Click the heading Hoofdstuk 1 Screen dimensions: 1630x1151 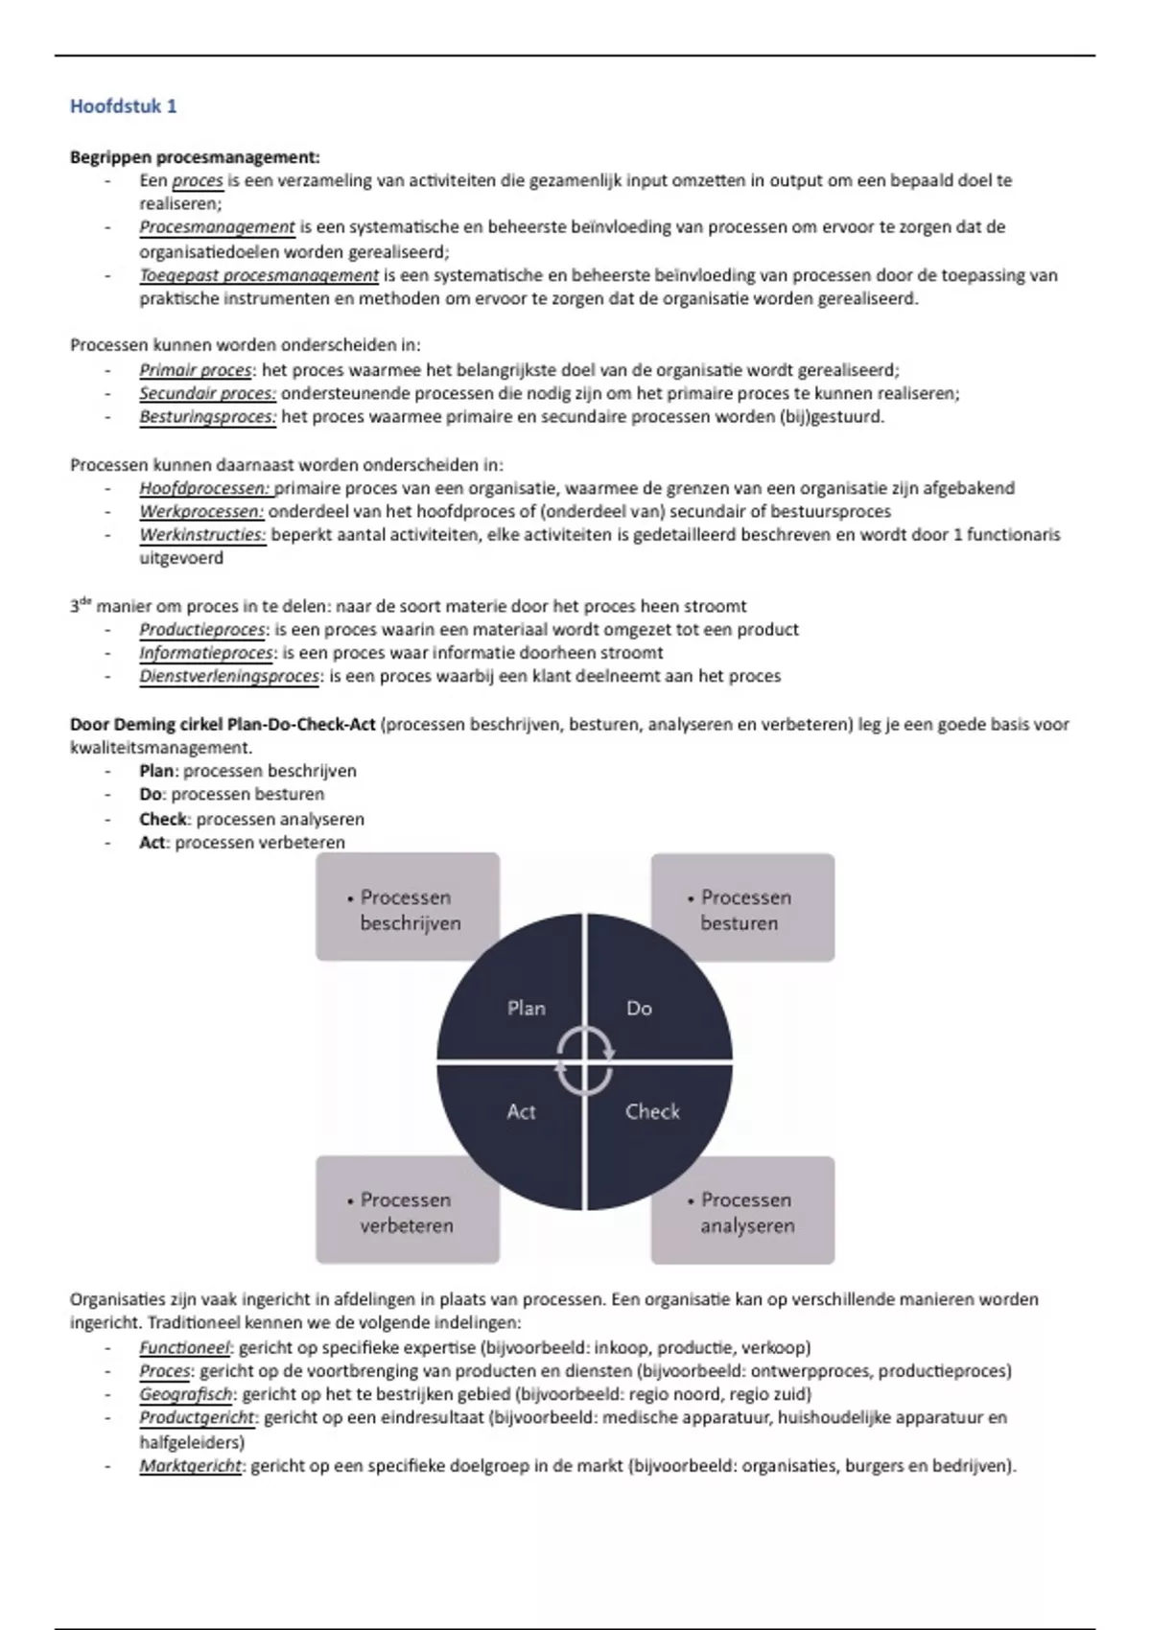pos(123,106)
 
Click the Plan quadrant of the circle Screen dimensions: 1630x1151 pos(518,997)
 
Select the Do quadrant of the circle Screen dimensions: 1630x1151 pos(647,997)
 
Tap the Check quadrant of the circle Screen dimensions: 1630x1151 pos(652,1122)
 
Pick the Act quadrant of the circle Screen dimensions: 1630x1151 pos(518,1122)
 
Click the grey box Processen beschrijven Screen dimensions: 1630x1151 pos(408,907)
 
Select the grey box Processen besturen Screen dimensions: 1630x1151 pos(742,907)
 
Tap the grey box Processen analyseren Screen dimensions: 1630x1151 pos(742,1210)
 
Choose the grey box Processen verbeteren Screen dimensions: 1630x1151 pos(408,1210)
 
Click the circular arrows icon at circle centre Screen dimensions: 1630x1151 pos(584,1060)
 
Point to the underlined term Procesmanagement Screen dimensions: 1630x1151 pos(217,227)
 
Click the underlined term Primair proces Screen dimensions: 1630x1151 pos(196,370)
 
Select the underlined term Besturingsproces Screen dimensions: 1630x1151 pos(207,417)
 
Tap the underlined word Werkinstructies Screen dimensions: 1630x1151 pos(201,535)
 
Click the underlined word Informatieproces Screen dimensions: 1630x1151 pos(206,653)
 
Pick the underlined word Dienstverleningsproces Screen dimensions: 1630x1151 pos(229,676)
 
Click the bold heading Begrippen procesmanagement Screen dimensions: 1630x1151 pos(195,157)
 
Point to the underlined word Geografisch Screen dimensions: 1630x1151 pos(188,1394)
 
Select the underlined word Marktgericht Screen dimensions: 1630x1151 pos(191,1465)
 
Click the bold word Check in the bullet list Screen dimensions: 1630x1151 pos(163,819)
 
